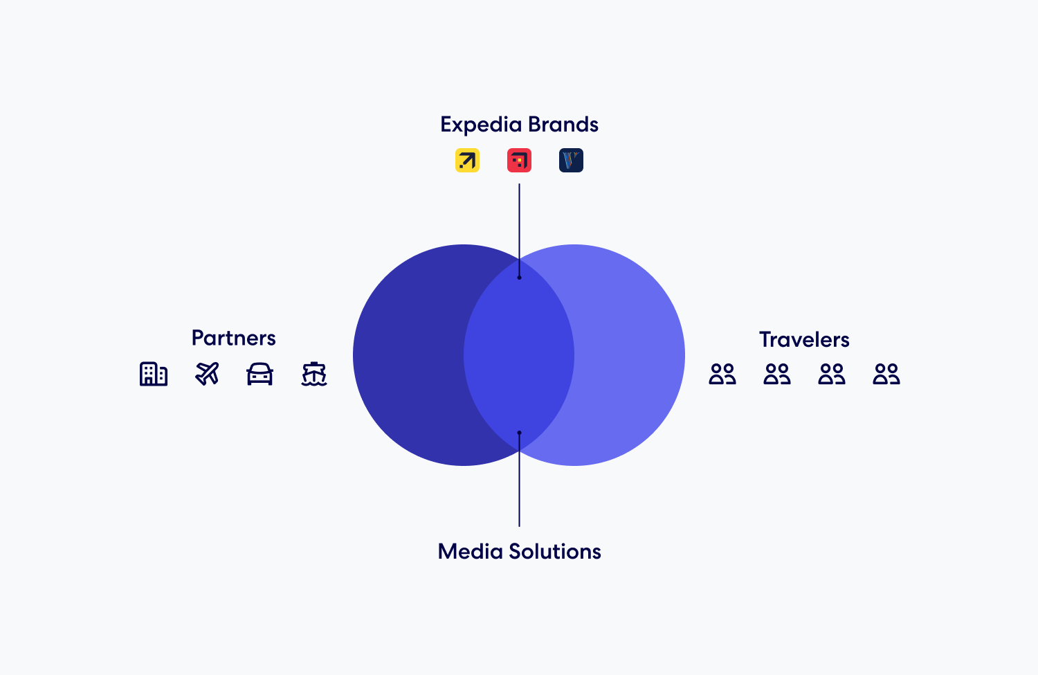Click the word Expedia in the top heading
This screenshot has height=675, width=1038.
pos(480,125)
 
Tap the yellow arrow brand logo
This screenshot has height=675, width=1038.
pos(467,161)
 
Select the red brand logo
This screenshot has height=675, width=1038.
pos(519,161)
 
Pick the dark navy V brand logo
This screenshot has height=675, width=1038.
pos(571,161)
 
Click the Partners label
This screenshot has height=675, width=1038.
pos(233,338)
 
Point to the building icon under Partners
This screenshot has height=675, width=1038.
pos(154,374)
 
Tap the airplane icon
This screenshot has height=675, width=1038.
pos(207,374)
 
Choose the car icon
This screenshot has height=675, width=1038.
pos(260,374)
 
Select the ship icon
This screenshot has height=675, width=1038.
pos(314,374)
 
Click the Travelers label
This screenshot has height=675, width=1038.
pos(804,339)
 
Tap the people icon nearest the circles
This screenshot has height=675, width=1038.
pos(722,375)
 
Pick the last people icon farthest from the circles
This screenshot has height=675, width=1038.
pos(886,375)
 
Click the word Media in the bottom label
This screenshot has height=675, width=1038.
pos(470,552)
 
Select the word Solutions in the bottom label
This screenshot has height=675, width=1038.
pos(554,552)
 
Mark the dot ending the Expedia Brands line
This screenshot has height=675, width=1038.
pos(519,278)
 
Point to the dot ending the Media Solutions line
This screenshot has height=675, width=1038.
pos(519,433)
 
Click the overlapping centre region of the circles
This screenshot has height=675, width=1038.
pos(519,355)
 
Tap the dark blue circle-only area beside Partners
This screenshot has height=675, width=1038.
pos(408,355)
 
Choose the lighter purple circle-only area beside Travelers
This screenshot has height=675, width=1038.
pos(630,355)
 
